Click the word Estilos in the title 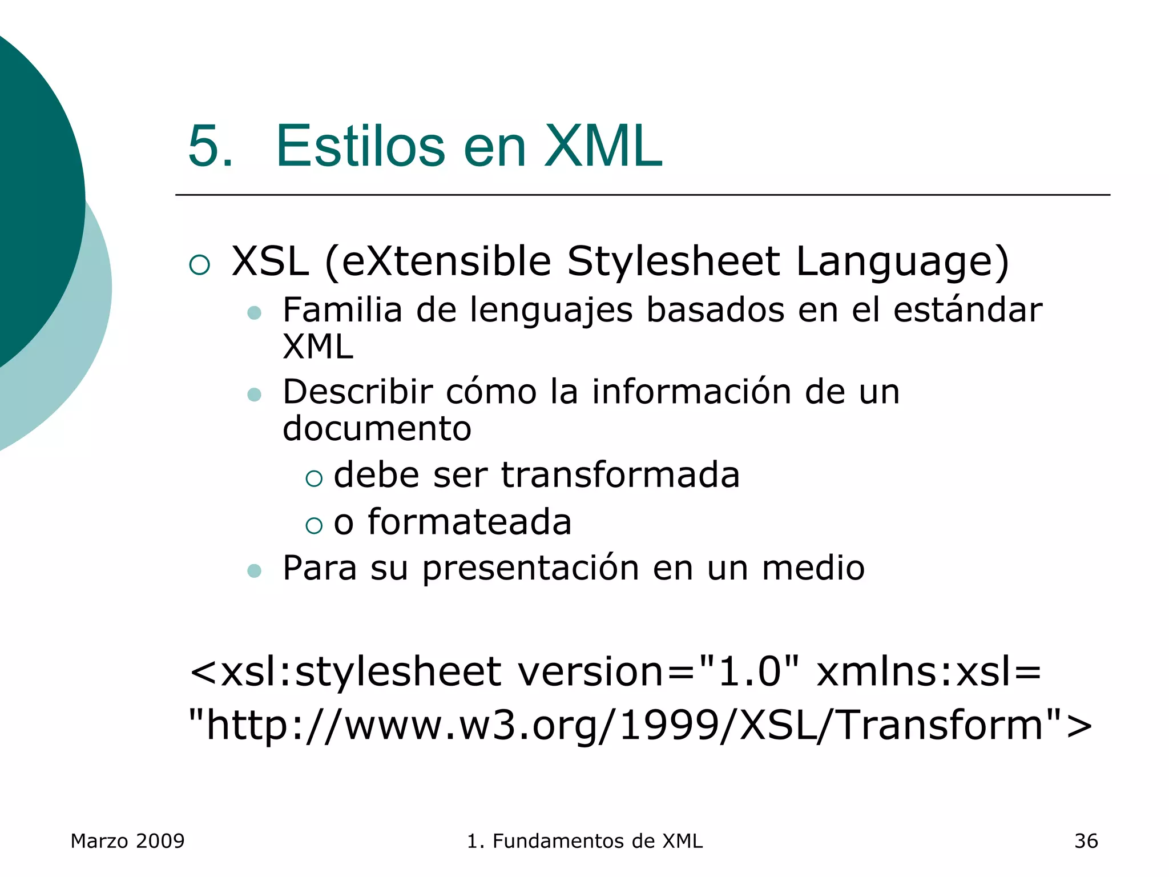(360, 147)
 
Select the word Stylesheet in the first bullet (673, 262)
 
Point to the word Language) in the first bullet (902, 262)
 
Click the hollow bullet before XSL (200, 265)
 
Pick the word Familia (342, 311)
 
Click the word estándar (968, 311)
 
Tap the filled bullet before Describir (255, 395)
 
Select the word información (691, 392)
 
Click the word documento (377, 429)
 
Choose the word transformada (620, 475)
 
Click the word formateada (469, 522)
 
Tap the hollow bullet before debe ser (314, 478)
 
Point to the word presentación (530, 569)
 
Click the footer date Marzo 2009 (127, 841)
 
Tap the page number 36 (1086, 841)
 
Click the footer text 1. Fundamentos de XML (584, 841)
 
